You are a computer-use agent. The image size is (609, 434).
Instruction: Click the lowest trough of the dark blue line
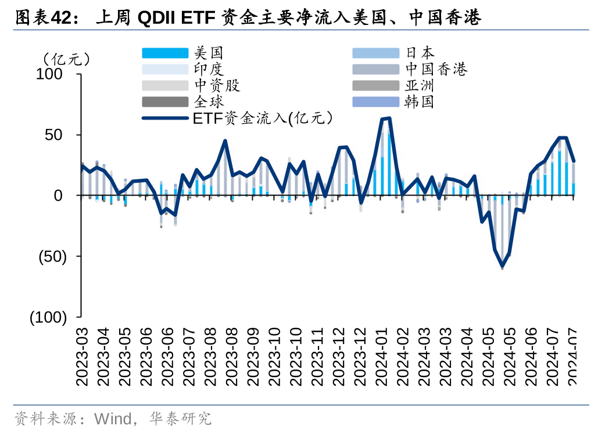pos(502,267)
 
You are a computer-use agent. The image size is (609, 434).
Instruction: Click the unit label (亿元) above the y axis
pos(67,58)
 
